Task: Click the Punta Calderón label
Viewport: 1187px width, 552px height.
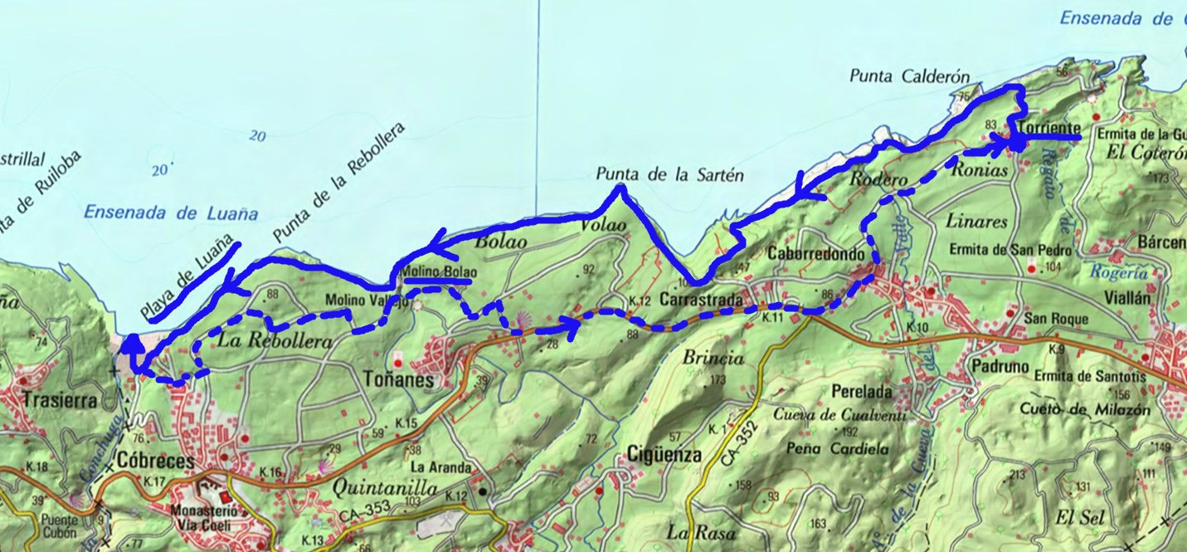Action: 909,76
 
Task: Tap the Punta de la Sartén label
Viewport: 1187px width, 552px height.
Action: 669,175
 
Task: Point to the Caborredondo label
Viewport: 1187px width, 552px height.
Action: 817,253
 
